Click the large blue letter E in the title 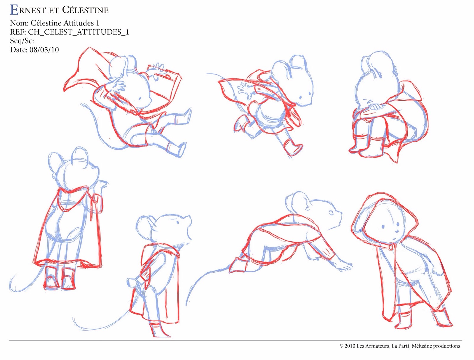pos(14,10)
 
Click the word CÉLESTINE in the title pos(85,10)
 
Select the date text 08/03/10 pos(44,50)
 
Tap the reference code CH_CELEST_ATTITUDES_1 pos(79,32)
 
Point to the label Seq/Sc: pos(22,41)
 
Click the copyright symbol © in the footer pos(341,346)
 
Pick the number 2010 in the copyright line pos(350,346)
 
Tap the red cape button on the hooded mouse pos(390,247)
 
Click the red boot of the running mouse pos(293,147)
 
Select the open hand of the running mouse pos(245,91)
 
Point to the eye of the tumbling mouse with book pos(140,98)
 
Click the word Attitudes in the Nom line pos(76,23)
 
